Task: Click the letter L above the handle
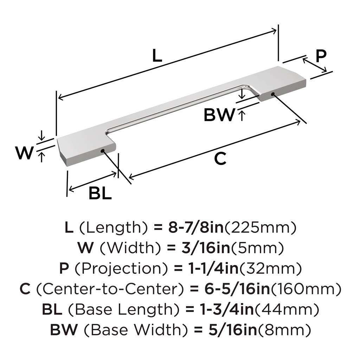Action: click(x=157, y=56)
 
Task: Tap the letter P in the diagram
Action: click(x=320, y=56)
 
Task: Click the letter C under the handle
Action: click(x=220, y=159)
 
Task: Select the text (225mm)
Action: click(x=260, y=228)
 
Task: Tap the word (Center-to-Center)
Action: click(x=110, y=289)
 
